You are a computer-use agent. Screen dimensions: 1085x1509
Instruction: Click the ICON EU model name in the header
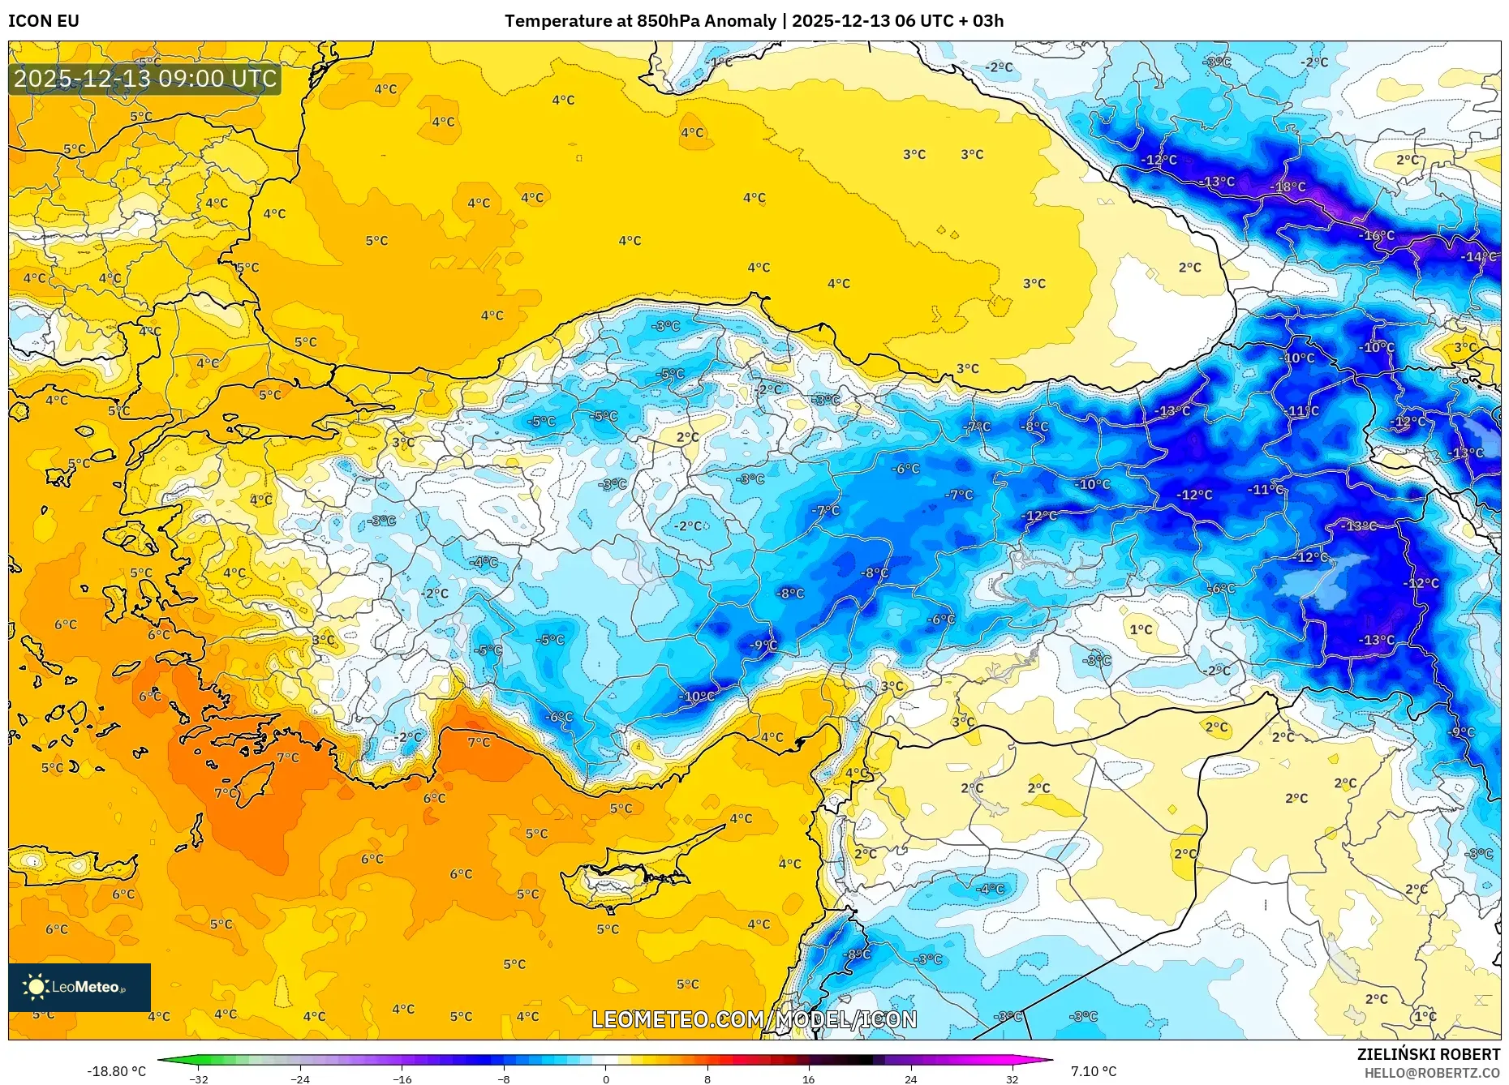(44, 21)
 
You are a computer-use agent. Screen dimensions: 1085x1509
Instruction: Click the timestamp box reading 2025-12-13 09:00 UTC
(145, 79)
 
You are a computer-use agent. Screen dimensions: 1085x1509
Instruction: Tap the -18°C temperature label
(1288, 187)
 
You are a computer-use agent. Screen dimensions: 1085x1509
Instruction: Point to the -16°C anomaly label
(1378, 236)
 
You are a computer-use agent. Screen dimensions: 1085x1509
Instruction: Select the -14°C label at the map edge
(1479, 257)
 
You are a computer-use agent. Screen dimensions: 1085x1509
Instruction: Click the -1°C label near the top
(719, 62)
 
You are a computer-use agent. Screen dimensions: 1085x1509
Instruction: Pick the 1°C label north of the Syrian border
(1141, 630)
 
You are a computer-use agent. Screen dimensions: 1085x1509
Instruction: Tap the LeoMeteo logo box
(80, 987)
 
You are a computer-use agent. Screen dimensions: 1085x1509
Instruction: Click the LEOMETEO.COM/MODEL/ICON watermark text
(754, 1020)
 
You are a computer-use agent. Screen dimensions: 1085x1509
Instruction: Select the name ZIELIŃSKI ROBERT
(1428, 1054)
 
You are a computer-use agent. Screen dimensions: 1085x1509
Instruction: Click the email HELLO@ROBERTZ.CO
(1431, 1073)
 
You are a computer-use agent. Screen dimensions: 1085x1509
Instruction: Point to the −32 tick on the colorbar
(199, 1079)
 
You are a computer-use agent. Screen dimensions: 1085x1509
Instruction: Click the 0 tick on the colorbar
(605, 1079)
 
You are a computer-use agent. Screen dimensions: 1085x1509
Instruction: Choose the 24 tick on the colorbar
(910, 1079)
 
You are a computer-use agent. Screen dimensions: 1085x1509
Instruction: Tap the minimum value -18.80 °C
(117, 1071)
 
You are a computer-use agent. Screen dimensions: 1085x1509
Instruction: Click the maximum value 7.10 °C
(1093, 1071)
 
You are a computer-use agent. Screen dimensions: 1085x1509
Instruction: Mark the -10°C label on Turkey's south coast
(698, 697)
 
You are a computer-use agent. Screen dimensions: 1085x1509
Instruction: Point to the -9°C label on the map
(763, 645)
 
